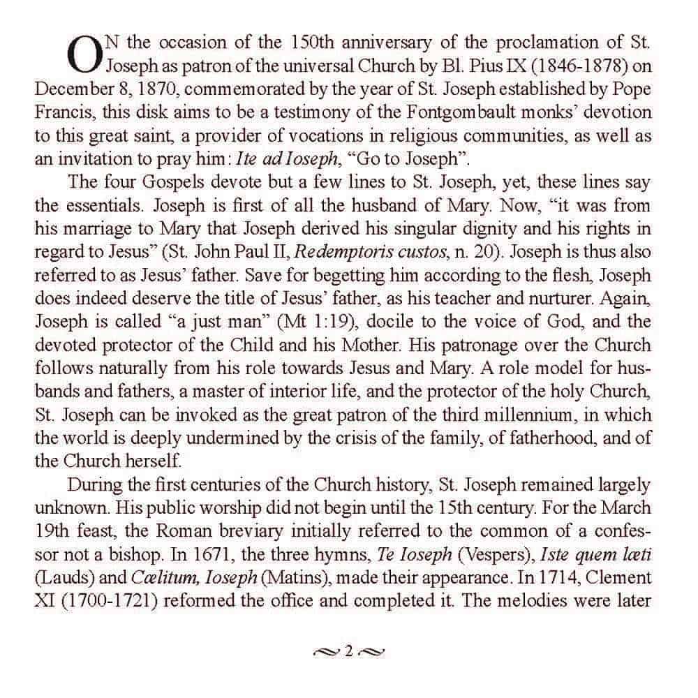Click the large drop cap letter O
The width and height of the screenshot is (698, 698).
pyautogui.click(x=82, y=54)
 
